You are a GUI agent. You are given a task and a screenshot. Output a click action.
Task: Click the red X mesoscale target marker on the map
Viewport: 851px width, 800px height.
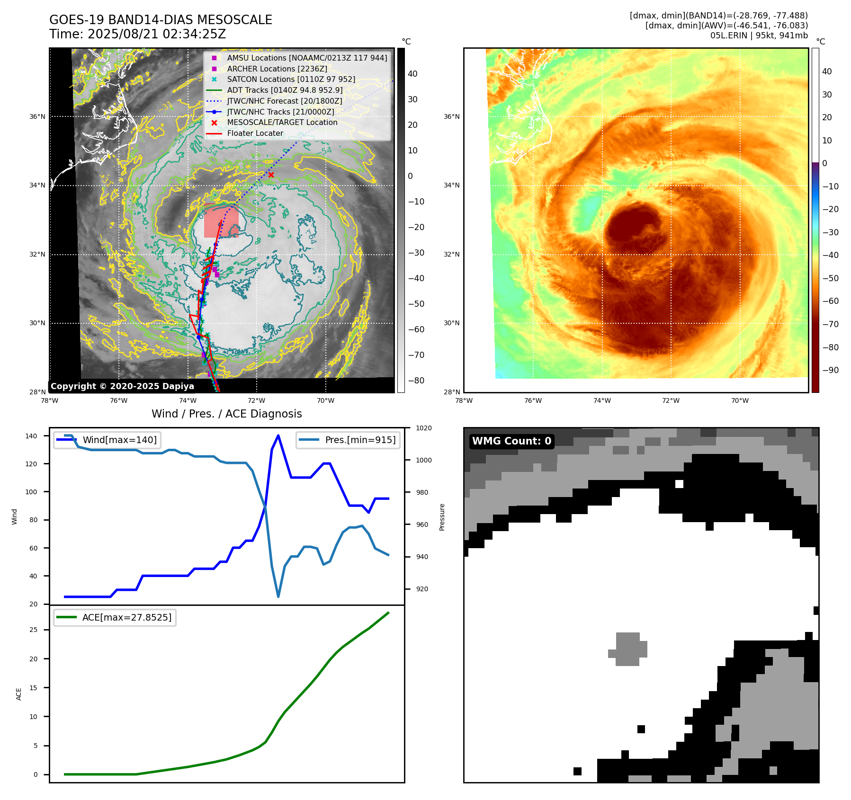[271, 175]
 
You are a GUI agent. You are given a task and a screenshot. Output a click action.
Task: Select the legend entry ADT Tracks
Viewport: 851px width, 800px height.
[285, 90]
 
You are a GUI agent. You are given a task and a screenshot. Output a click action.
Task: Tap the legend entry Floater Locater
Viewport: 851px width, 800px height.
[255, 133]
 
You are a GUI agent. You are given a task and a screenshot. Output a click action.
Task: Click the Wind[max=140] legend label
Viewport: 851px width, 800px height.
[119, 440]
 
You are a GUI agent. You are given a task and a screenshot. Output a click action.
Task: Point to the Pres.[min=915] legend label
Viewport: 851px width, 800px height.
[360, 440]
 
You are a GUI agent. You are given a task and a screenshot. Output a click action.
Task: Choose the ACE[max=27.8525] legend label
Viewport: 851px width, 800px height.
[126, 617]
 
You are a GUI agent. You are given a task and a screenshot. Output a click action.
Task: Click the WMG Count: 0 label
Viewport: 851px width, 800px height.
[511, 441]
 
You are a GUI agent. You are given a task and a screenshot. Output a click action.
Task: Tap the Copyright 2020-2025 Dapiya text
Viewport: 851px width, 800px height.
[122, 386]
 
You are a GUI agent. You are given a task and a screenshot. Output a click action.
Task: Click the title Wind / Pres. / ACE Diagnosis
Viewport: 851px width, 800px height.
[226, 414]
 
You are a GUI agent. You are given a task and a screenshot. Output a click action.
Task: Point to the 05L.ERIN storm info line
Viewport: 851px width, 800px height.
[759, 36]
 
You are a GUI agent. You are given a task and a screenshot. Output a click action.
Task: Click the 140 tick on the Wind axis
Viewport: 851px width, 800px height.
[31, 436]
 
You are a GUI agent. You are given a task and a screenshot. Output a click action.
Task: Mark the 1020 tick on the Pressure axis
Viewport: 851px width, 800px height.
[423, 428]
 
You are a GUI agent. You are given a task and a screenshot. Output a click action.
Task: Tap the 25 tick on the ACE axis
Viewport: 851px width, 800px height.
[34, 630]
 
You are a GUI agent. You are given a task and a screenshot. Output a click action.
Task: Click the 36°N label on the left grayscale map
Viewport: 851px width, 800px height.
[37, 116]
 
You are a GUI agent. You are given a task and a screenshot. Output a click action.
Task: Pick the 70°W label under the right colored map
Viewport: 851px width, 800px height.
[740, 400]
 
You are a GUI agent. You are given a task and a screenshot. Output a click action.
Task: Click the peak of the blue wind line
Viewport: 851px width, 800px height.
[278, 436]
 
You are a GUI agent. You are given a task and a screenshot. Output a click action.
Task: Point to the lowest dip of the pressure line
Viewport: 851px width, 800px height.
[278, 596]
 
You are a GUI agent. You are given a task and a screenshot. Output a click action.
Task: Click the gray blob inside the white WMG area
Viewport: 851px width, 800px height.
[628, 649]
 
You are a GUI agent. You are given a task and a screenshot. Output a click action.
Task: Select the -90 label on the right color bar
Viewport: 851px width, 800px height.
[830, 370]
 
